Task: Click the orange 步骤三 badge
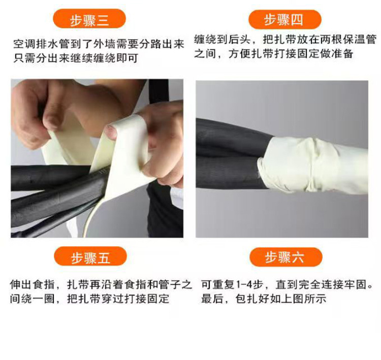(x=89, y=19)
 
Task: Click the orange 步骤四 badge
(x=285, y=19)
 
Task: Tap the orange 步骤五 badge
(x=90, y=256)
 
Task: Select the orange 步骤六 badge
(x=285, y=257)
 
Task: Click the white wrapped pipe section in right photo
(x=313, y=166)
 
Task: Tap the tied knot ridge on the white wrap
(x=313, y=166)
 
